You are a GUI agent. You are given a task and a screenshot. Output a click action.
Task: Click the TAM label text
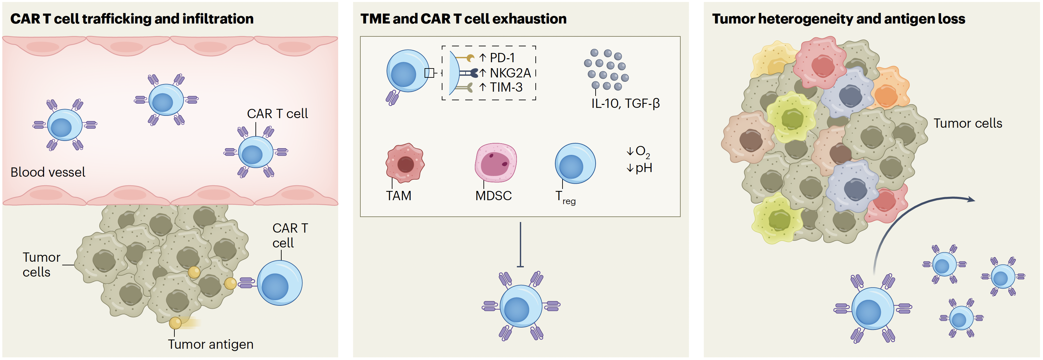398,196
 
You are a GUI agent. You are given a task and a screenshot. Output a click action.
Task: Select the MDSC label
493,196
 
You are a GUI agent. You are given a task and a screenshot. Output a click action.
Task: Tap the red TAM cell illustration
405,163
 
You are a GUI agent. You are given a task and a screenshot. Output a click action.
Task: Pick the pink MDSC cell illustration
495,162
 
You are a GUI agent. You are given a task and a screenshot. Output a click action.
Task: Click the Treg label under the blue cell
565,198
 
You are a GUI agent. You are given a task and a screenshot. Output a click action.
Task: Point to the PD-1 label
502,58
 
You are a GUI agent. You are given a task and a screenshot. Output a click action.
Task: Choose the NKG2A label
510,73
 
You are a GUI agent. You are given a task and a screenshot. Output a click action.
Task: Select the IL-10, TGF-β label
625,104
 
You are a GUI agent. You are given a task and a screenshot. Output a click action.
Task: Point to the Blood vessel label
48,172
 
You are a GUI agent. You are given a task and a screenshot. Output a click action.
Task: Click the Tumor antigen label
210,344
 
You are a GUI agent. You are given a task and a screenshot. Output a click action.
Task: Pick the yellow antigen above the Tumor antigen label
175,323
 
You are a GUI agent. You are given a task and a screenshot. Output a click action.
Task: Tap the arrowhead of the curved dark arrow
972,199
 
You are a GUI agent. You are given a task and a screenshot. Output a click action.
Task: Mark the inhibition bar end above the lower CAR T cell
520,266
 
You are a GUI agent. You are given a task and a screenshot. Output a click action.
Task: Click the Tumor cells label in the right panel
968,123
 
